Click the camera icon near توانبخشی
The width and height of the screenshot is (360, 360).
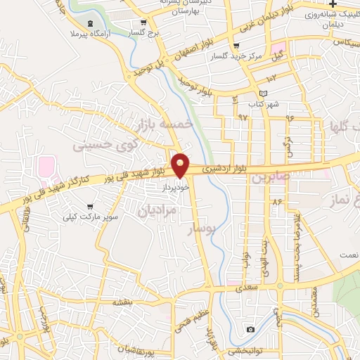[250, 329]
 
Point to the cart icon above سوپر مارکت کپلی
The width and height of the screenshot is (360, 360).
[90, 206]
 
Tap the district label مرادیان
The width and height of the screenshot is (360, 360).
[155, 210]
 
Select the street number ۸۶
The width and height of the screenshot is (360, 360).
[277, 202]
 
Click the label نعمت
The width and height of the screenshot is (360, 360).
[347, 254]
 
